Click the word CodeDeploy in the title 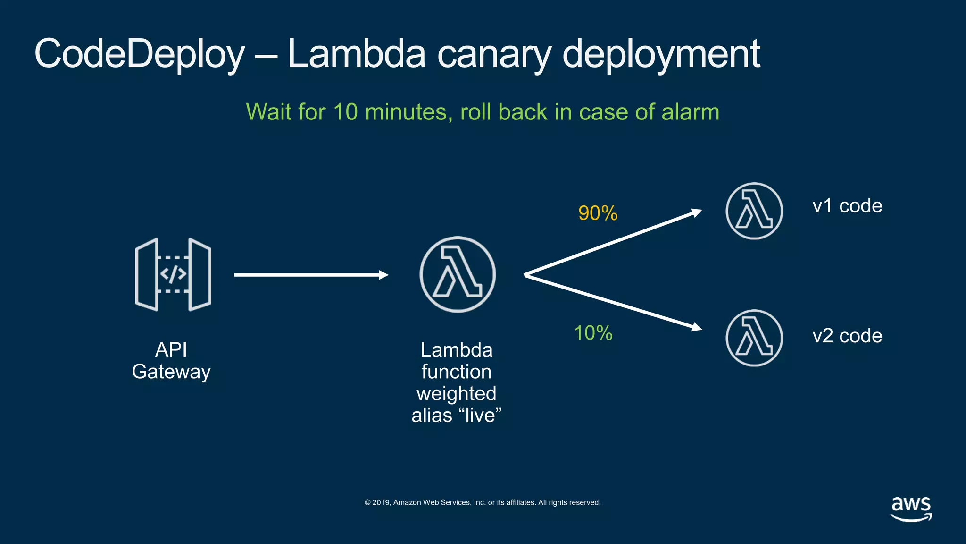(140, 54)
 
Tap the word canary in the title (494, 54)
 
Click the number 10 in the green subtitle (345, 112)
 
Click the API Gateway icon (173, 274)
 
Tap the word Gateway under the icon (171, 372)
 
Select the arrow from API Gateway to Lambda (311, 275)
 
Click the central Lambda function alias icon (458, 274)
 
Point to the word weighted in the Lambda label (456, 393)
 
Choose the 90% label (598, 213)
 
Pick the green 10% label (593, 333)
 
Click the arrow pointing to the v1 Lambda (613, 243)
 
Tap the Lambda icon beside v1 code (754, 211)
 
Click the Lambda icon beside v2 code (754, 338)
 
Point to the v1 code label (847, 206)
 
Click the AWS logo (911, 509)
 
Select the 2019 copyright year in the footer (381, 502)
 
